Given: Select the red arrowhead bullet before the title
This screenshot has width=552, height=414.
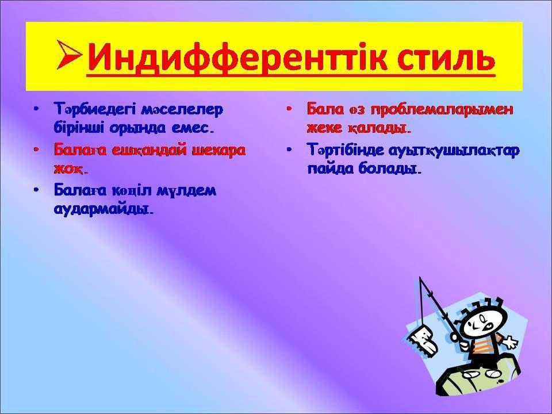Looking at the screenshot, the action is (x=70, y=55).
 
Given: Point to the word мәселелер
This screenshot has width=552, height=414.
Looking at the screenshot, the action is (x=182, y=110).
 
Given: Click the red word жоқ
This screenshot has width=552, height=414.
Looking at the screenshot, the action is (x=70, y=169).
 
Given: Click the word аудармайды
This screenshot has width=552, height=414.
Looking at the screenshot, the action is (x=104, y=210).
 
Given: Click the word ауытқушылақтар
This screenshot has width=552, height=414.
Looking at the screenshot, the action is (x=454, y=151).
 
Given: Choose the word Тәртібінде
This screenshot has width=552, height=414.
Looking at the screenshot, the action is (x=346, y=150).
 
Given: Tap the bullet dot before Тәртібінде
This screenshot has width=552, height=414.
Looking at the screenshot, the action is (x=289, y=149).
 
